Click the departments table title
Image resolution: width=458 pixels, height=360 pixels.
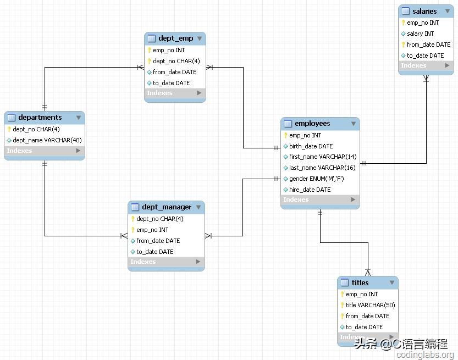pyautogui.click(x=40, y=118)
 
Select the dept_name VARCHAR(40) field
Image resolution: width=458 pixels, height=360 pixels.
pyautogui.click(x=47, y=140)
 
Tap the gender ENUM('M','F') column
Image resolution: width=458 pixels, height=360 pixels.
pyautogui.click(x=316, y=179)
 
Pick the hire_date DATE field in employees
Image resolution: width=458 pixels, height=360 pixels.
pyautogui.click(x=310, y=190)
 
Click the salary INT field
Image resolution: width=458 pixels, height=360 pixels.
pyautogui.click(x=420, y=34)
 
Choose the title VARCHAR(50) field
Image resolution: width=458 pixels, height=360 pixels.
pyautogui.click(x=371, y=305)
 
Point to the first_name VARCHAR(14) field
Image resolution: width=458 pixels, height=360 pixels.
pyautogui.click(x=323, y=157)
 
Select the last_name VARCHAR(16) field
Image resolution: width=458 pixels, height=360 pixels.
pyautogui.click(x=322, y=168)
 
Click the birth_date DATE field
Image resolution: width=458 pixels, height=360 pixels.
pyautogui.click(x=311, y=146)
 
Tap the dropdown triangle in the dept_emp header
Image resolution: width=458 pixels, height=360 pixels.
pyautogui.click(x=200, y=38)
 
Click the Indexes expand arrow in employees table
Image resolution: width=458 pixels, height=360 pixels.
pyautogui.click(x=353, y=200)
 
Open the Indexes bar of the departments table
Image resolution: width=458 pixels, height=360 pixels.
pyautogui.click(x=45, y=151)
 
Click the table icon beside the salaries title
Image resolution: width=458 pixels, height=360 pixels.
pyautogui.click(x=405, y=11)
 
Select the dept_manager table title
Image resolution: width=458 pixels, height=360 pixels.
pyautogui.click(x=167, y=207)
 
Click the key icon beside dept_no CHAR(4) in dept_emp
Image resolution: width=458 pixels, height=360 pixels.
pyautogui.click(x=149, y=61)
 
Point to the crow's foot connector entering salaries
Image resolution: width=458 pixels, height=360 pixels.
pyautogui.click(x=426, y=78)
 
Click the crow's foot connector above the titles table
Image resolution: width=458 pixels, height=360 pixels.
pyautogui.click(x=368, y=273)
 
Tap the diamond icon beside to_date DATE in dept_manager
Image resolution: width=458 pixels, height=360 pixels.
pyautogui.click(x=133, y=252)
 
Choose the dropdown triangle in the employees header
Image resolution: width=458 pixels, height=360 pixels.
pyautogui.click(x=354, y=124)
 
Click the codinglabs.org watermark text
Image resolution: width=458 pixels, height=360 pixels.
pyautogui.click(x=425, y=355)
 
